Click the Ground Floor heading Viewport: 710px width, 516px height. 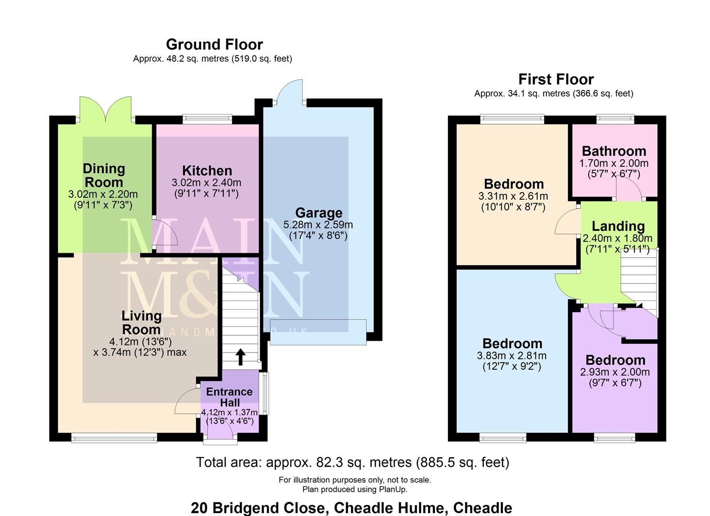tap(214, 44)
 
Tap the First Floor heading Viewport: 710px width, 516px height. tap(556, 79)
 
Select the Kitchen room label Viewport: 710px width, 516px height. tap(207, 171)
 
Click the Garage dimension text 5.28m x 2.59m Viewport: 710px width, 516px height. tap(318, 225)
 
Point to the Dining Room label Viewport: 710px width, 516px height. tap(104, 175)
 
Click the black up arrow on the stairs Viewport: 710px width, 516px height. tap(240, 357)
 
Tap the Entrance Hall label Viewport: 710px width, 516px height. tap(229, 397)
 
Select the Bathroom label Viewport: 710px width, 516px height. tap(614, 151)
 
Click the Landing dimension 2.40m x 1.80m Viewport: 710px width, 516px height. tap(617, 238)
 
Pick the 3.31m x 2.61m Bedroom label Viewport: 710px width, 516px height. tap(513, 184)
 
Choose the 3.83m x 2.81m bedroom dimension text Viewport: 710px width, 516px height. tap(512, 356)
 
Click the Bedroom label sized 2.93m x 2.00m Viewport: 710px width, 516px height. tap(615, 360)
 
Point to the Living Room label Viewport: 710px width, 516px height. tap(141, 322)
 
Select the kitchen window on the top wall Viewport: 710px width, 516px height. tap(207, 118)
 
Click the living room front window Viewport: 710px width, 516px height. tap(114, 437)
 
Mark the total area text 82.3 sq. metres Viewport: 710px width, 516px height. tap(352, 462)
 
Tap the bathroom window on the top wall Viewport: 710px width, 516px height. tap(615, 118)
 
